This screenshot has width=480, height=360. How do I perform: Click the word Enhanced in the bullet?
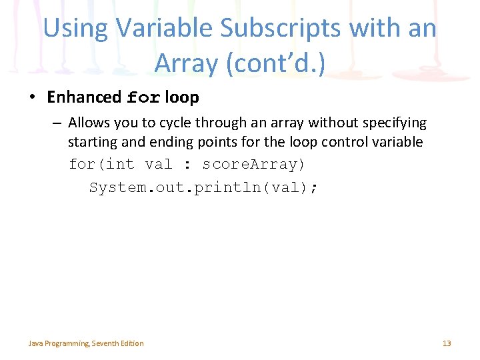(x=84, y=97)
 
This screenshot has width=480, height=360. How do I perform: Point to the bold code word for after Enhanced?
(x=143, y=98)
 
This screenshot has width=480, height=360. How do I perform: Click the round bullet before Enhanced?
(x=32, y=98)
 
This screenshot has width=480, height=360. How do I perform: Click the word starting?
(x=90, y=143)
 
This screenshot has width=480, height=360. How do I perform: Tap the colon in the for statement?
(x=187, y=165)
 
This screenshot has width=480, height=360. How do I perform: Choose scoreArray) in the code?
(x=253, y=164)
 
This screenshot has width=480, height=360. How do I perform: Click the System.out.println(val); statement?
(x=203, y=187)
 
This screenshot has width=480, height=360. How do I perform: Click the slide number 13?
(x=447, y=343)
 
